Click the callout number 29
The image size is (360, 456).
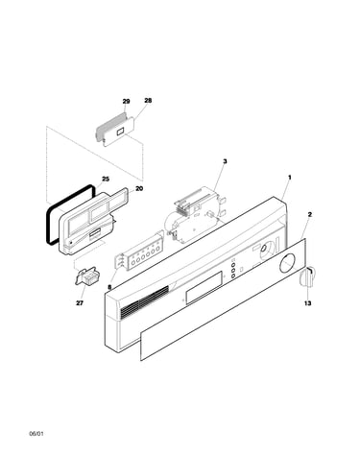point(126,102)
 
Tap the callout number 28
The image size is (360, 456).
point(148,101)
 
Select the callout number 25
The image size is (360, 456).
point(106,179)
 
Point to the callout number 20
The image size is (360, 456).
point(139,189)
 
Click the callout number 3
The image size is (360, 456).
point(225,161)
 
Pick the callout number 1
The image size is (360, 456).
point(290,177)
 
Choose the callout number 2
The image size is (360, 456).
point(309,214)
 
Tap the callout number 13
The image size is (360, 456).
point(307,302)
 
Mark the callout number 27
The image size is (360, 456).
point(80,302)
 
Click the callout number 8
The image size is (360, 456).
point(109,287)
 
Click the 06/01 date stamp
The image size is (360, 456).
point(36,434)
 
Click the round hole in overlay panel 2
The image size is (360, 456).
point(287,263)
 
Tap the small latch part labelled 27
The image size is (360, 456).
point(86,276)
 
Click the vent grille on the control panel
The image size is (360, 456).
point(145,301)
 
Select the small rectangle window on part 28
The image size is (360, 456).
point(120,132)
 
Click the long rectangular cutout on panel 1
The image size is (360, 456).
point(204,287)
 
